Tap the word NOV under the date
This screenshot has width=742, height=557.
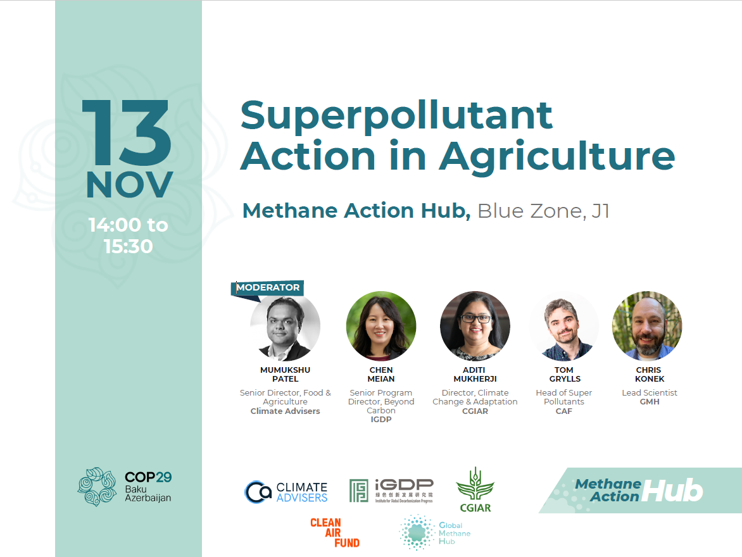[x=130, y=185]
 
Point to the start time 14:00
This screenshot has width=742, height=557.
[x=115, y=225]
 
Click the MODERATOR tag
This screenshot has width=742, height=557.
[x=267, y=288]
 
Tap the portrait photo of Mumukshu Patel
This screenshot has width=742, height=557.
[x=285, y=326]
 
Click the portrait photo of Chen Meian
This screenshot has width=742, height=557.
[x=381, y=326]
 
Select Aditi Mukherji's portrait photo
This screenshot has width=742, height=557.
[x=475, y=326]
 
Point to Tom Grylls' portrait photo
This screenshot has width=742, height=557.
[x=564, y=326]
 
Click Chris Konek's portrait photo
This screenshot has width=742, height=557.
[x=648, y=326]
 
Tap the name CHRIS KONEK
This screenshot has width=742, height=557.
[x=650, y=374]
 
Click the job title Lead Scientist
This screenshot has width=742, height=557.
[x=650, y=393]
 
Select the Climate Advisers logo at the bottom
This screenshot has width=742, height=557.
[x=286, y=492]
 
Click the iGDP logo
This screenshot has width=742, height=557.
[x=391, y=491]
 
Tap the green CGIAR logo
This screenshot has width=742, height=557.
[x=475, y=490]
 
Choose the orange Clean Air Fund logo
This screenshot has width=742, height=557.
[x=334, y=533]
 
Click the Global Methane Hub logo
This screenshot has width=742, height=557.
[x=435, y=533]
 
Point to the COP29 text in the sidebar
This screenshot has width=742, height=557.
[x=148, y=477]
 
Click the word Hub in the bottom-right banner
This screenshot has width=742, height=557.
[x=672, y=491]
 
